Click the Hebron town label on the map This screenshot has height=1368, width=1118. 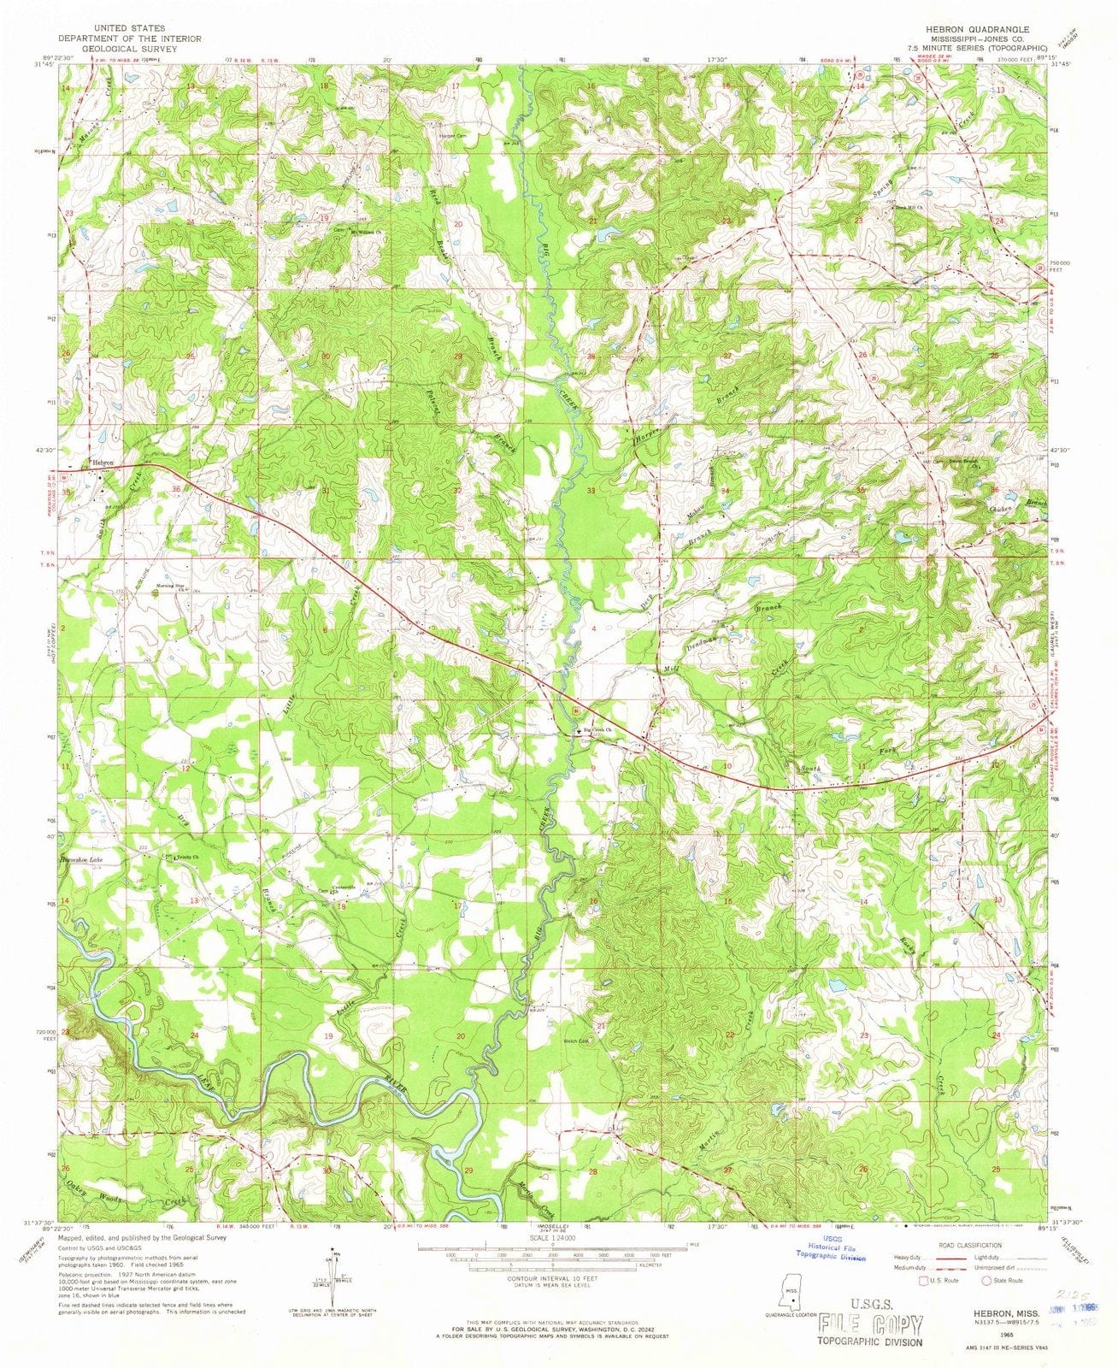tap(103, 462)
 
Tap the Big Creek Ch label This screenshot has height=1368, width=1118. tap(601, 729)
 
